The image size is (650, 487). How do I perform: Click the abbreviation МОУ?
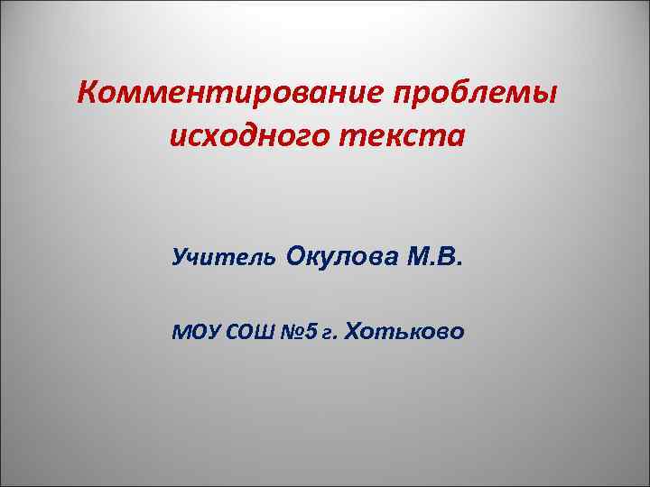(192, 333)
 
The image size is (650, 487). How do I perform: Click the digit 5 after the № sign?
(312, 333)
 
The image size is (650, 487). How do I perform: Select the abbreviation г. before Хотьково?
(331, 334)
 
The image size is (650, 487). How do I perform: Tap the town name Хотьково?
(405, 332)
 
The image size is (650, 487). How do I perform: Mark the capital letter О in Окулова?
(297, 260)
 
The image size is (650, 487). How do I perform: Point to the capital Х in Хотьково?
(353, 332)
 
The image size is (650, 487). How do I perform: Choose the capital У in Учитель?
(179, 261)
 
